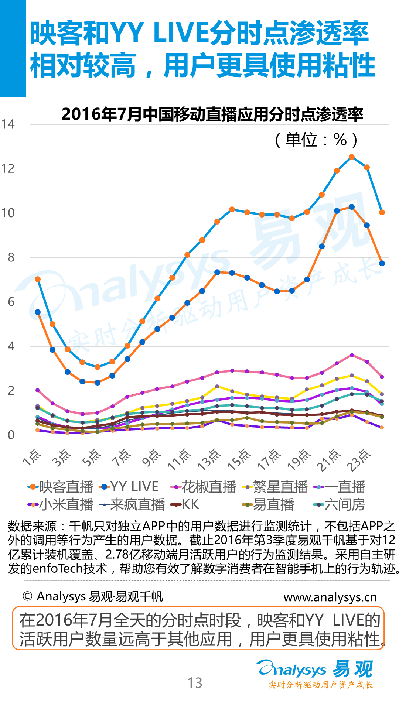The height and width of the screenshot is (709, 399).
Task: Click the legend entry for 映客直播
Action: [x=61, y=487]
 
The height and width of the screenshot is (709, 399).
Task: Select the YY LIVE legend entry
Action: [x=129, y=487]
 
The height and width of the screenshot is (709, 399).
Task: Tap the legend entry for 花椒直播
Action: [x=203, y=487]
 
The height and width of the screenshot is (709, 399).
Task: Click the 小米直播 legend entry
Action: [x=61, y=504]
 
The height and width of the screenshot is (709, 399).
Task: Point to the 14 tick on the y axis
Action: [x=8, y=124]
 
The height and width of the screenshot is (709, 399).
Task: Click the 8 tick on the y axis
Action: [x=11, y=257]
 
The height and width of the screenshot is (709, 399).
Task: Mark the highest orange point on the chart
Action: [x=352, y=157]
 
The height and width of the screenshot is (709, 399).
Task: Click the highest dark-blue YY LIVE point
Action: [x=352, y=207]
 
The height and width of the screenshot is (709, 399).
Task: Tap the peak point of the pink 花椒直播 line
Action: [x=352, y=355]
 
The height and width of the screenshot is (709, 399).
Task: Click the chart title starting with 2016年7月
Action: [x=212, y=114]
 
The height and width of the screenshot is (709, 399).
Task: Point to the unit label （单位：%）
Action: [x=316, y=140]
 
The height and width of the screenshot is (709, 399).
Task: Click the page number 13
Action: [x=195, y=683]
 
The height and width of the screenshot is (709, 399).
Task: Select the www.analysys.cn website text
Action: [x=330, y=597]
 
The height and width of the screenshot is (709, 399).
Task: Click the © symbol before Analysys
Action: [x=27, y=596]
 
